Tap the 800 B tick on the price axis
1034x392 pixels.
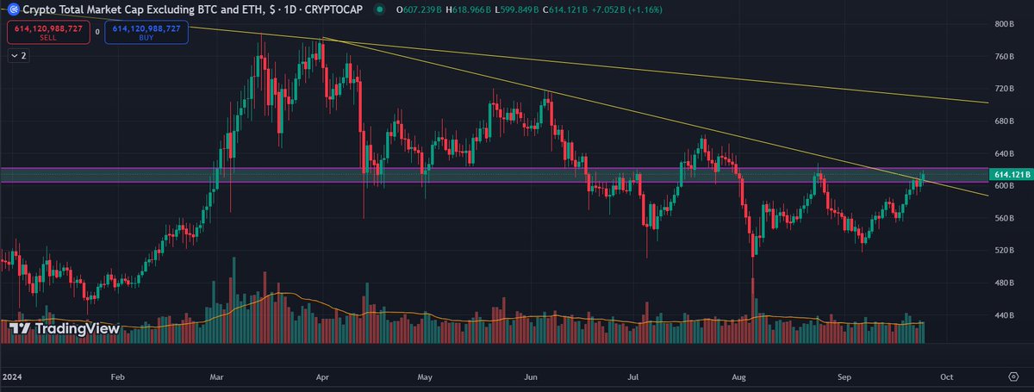click(1002, 24)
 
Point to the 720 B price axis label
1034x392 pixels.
click(1002, 89)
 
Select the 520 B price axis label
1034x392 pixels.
click(1002, 251)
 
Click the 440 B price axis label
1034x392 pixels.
click(1002, 315)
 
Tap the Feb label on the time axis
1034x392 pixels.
click(118, 377)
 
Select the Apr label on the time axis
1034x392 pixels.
click(323, 377)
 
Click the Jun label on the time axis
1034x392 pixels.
click(531, 377)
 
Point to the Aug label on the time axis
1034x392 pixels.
click(739, 377)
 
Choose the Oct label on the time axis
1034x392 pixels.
click(946, 377)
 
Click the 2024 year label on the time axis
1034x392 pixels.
click(12, 377)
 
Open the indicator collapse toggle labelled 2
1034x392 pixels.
click(18, 55)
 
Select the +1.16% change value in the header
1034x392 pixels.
click(611, 10)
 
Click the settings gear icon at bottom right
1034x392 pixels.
click(1013, 377)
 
